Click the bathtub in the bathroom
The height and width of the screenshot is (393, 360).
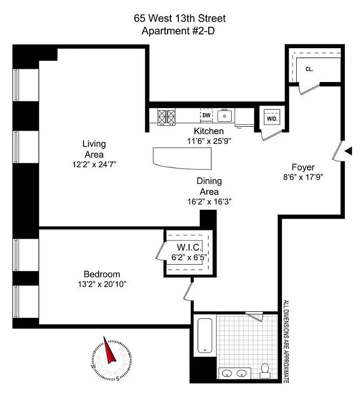point(204,335)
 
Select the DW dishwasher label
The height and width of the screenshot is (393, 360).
point(207,115)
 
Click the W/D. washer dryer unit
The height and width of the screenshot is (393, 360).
point(272,118)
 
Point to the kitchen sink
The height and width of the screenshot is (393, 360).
point(226,116)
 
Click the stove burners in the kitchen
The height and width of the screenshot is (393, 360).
point(166,117)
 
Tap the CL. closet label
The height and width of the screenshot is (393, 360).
point(309,69)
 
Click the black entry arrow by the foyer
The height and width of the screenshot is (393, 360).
point(348,152)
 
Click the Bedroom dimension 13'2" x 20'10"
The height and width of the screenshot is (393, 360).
point(102,284)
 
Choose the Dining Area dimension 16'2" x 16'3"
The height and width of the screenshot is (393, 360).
point(209,201)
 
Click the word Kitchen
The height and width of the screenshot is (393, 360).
point(209,131)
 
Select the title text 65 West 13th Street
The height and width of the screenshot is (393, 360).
point(180,19)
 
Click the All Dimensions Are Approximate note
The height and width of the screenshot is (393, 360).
point(285,342)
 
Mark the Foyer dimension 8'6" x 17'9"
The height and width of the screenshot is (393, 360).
point(303,177)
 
